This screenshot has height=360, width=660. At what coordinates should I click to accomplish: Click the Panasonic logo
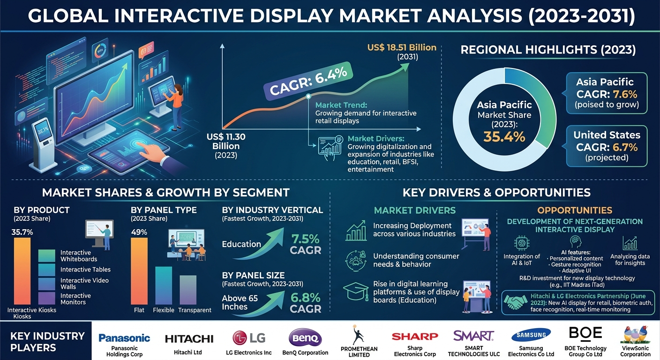(124, 338)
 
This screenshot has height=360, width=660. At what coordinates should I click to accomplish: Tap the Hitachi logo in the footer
(189, 338)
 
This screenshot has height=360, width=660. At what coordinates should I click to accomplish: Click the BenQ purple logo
(306, 337)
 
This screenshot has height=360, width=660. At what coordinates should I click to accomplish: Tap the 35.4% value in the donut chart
(504, 137)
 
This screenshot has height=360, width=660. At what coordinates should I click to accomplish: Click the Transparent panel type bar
(188, 289)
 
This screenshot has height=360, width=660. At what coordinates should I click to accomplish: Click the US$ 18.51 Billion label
(402, 48)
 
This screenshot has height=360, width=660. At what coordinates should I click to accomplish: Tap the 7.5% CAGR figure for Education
(305, 239)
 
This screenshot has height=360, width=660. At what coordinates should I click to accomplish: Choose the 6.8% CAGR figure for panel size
(305, 297)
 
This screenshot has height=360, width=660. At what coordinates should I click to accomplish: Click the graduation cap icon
(356, 292)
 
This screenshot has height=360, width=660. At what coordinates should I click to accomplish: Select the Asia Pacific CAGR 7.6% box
(607, 93)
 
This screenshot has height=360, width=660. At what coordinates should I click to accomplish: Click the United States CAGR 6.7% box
(607, 146)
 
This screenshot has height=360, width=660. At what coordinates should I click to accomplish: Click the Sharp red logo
(415, 336)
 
